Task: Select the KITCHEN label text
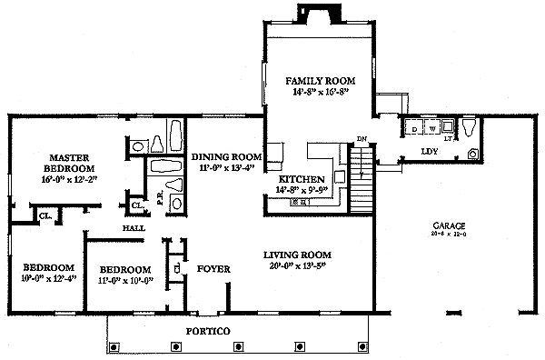point(298,179)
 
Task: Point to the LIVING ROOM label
point(297,255)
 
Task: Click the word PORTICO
point(207,330)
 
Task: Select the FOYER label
point(213,269)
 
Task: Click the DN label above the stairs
point(361,139)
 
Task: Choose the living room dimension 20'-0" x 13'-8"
point(297,266)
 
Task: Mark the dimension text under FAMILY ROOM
point(314,93)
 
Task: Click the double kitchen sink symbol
point(298,201)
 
